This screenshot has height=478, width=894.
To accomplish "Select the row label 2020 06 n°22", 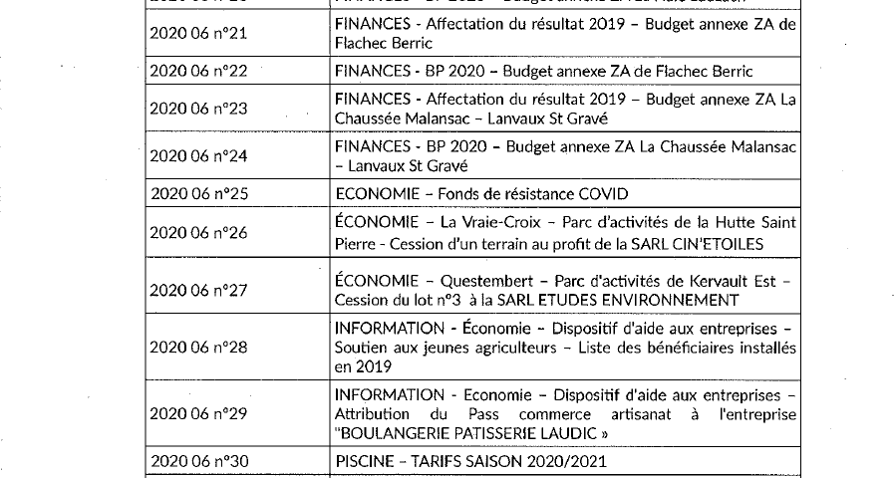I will (x=197, y=71).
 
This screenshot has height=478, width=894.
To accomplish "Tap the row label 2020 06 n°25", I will (x=197, y=192).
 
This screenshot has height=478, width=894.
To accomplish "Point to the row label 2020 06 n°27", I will (x=197, y=290).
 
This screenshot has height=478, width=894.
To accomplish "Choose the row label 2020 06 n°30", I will (x=197, y=461).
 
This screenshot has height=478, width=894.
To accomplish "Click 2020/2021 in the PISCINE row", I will (x=564, y=461).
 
